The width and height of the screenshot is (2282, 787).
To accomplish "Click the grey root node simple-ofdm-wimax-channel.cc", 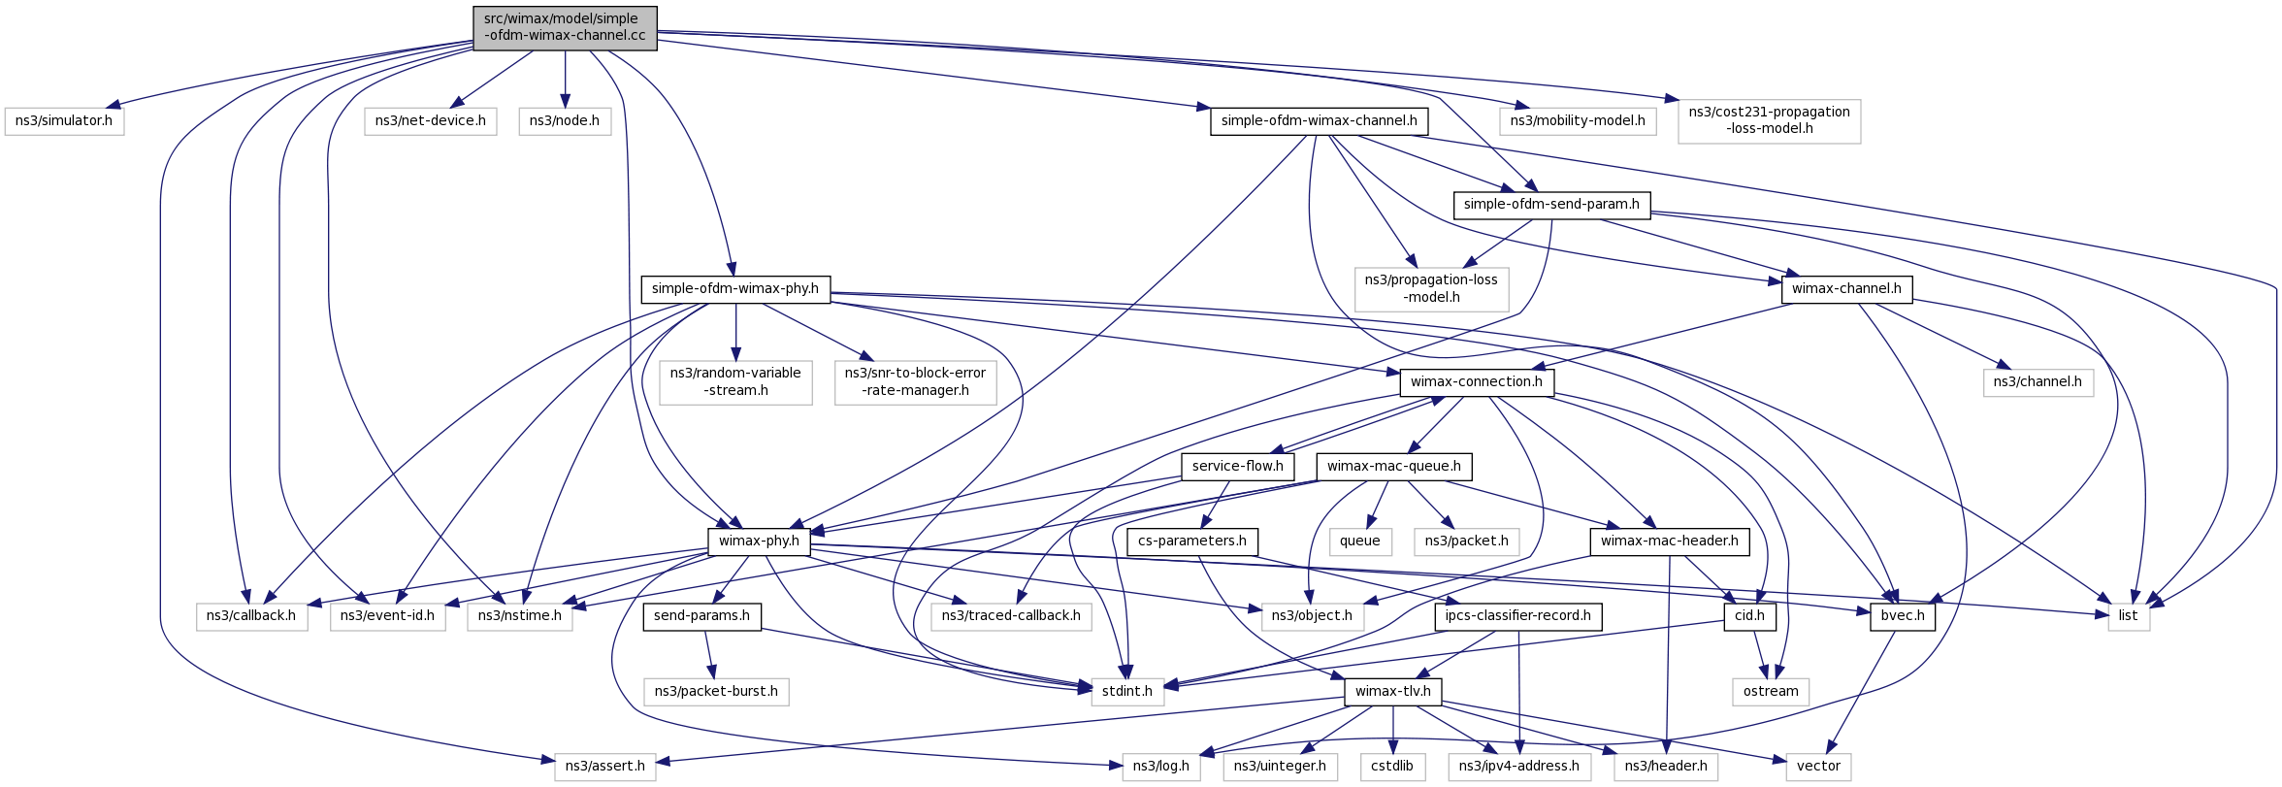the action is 565,27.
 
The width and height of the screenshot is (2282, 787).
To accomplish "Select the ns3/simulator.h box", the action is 64,121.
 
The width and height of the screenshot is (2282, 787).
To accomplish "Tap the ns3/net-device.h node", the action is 431,121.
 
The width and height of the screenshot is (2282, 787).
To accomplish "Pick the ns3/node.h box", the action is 565,121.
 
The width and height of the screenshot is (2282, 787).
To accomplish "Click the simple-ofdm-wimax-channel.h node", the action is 1319,121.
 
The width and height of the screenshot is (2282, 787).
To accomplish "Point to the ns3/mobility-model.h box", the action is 1578,121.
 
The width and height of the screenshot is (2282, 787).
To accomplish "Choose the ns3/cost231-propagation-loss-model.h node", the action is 1770,121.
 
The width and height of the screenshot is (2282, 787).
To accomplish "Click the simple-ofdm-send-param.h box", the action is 1551,205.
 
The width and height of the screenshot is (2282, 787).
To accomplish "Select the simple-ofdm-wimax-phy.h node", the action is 735,289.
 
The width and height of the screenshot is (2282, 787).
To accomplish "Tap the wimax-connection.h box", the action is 1477,382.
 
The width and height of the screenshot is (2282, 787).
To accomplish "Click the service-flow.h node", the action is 1238,467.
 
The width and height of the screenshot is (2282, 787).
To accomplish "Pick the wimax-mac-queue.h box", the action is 1394,467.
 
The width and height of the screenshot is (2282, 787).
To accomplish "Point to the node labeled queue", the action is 1360,541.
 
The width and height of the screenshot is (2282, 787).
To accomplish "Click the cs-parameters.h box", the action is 1192,541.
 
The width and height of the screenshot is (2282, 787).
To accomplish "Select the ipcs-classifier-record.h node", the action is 1517,616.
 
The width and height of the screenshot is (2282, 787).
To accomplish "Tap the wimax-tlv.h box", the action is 1393,692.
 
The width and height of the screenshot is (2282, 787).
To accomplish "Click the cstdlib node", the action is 1392,767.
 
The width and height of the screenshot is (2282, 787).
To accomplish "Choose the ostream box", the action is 1771,692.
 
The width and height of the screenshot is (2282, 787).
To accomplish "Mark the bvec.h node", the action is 1903,616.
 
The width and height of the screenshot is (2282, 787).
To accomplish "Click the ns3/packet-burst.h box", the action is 716,692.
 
